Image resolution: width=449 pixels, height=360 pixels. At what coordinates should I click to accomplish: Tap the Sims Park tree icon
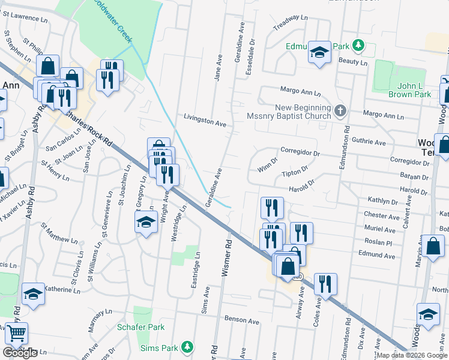pyautogui.click(x=187, y=347)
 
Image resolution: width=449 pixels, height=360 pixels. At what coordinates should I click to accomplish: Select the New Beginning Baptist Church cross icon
pyautogui.click(x=340, y=110)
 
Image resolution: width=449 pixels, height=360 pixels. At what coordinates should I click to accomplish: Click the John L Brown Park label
pyautogui.click(x=414, y=90)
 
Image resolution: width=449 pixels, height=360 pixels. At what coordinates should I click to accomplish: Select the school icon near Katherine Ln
pyautogui.click(x=34, y=294)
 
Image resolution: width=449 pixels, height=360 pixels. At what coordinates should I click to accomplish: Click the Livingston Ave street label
pyautogui.click(x=205, y=121)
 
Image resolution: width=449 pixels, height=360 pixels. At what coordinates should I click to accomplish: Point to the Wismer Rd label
pyautogui.click(x=227, y=259)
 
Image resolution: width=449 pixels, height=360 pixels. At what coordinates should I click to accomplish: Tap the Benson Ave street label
pyautogui.click(x=241, y=322)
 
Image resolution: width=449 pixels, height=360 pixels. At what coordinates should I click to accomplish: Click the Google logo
pyautogui.click(x=20, y=353)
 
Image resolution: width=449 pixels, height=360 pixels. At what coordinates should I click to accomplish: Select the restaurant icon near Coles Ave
pyautogui.click(x=325, y=284)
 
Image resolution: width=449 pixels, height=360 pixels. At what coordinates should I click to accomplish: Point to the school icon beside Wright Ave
pyautogui.click(x=145, y=223)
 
